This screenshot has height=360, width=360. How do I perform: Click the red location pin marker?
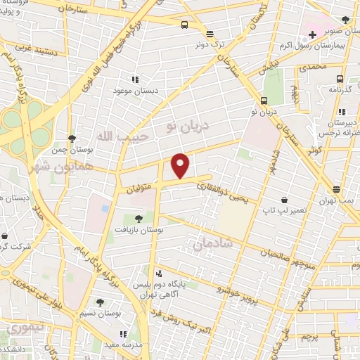tap(181, 166)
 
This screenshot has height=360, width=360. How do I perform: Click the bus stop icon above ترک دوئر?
tap(209, 33)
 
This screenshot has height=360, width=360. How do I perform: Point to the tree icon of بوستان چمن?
tap(72, 139)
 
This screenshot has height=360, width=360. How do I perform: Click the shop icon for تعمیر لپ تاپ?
tap(284, 200)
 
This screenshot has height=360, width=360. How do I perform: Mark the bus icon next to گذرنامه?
tap(340, 79)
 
